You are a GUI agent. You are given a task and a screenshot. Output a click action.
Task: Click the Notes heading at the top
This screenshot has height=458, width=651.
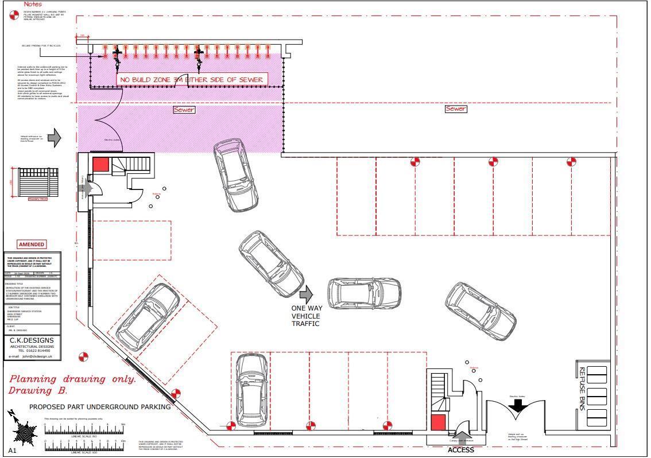(32, 4)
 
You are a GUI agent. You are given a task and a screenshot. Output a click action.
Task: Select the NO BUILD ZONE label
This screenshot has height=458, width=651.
(191, 80)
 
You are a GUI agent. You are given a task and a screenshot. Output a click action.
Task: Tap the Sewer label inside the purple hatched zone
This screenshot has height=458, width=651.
(184, 110)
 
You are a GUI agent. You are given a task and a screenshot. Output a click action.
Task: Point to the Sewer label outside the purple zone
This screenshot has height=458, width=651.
(455, 108)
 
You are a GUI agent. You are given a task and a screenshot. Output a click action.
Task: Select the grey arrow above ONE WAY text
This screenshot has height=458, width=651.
(307, 294)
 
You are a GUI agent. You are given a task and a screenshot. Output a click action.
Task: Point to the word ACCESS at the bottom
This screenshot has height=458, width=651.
(461, 450)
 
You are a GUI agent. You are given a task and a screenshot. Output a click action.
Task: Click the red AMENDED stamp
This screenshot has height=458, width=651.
(32, 244)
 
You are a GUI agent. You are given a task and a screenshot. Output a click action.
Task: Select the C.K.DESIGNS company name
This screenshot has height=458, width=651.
(32, 340)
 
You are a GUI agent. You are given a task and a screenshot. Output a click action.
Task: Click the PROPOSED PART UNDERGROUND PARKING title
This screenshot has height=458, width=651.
(100, 407)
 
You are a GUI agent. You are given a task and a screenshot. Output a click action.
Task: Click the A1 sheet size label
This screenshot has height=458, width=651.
(13, 451)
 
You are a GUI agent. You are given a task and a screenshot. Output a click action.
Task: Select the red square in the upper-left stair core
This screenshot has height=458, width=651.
(100, 165)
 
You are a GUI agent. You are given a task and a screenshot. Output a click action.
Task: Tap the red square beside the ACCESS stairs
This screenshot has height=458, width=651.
(438, 422)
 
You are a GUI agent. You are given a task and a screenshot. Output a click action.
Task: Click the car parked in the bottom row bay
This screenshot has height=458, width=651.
(252, 390)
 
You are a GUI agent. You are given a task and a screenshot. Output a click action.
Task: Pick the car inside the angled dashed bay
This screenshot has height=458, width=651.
(148, 317)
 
